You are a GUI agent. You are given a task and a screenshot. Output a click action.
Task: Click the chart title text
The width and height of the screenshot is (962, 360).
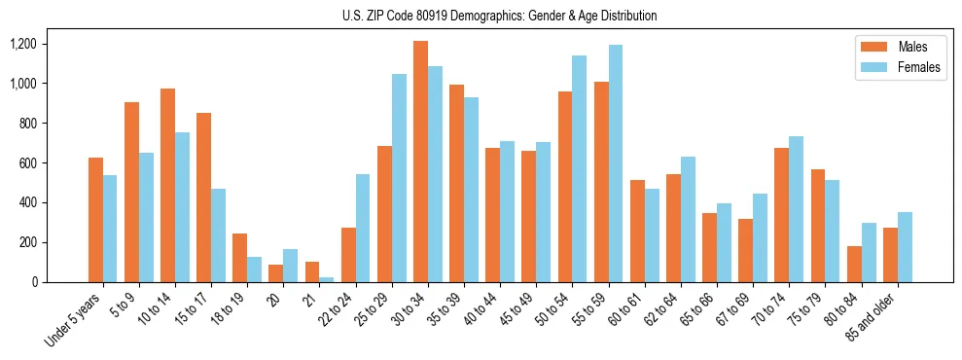pos(499,16)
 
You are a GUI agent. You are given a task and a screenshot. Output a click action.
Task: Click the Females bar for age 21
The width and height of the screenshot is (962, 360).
pos(326,279)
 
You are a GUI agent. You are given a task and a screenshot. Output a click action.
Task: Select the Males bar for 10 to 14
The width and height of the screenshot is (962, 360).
pos(167,185)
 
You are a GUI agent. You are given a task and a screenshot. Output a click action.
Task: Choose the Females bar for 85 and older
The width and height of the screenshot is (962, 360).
pos(905,247)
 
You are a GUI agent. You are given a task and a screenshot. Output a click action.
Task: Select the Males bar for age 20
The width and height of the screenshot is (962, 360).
pos(275,273)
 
